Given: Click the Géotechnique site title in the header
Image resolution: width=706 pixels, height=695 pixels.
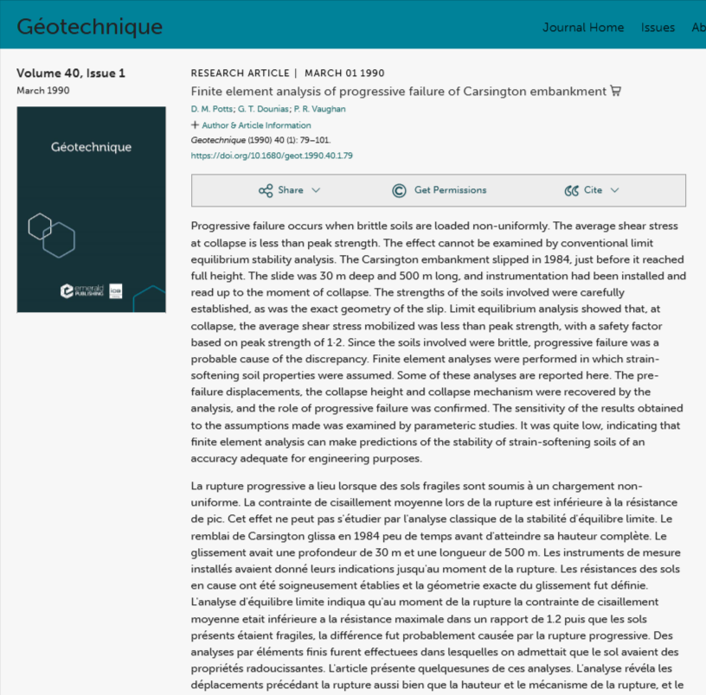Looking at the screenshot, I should pos(89,27).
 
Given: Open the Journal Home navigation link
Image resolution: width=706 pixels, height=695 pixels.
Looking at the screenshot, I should pos(582,28).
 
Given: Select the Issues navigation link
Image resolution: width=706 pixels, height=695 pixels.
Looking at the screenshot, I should pos(658,28).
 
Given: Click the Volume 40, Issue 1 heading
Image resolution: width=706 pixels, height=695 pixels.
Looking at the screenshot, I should pos(71,73).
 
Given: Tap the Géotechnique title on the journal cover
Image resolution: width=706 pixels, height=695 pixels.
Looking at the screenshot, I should pos(91,147).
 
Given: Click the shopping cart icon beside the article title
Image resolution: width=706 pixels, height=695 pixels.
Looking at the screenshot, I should pos(616,91).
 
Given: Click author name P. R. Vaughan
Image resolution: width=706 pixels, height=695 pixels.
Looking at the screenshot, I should pos(320,109).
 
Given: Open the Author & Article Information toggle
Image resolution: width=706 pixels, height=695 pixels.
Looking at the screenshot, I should pos(250,125).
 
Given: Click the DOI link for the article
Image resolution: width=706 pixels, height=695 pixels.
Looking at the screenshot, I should pos(271,156).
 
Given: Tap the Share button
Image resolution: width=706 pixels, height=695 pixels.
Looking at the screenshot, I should pos(289,190).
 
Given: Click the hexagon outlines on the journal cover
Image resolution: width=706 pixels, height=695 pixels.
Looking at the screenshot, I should pos(51,233).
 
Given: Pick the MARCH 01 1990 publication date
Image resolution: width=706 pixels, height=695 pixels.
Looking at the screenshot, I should pos(344,73).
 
